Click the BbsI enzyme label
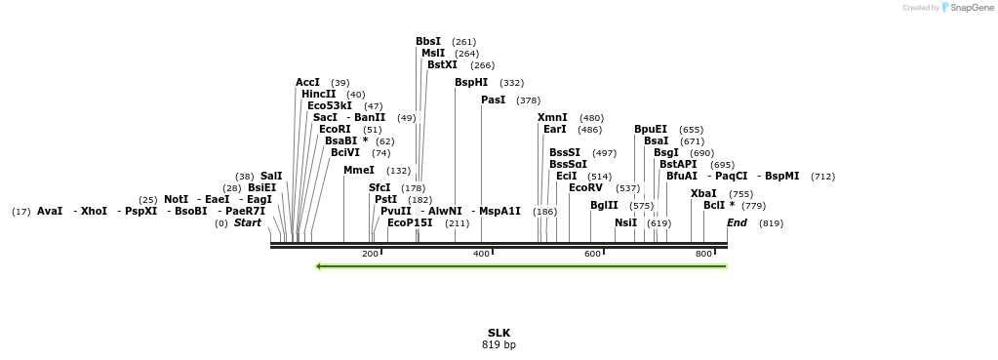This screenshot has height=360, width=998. [428, 42]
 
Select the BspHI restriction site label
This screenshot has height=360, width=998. [471, 83]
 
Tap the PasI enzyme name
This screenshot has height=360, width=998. [494, 100]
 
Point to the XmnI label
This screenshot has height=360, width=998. [552, 118]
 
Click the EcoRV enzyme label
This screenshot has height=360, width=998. [586, 188]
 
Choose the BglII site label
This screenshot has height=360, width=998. [605, 206]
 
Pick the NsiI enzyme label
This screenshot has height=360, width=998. [626, 223]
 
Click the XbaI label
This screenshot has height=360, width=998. [703, 194]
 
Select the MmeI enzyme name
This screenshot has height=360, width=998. [359, 171]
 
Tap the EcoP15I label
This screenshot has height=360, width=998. [410, 223]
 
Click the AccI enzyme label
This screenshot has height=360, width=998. [308, 83]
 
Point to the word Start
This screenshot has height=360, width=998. [248, 223]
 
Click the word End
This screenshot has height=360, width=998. [738, 223]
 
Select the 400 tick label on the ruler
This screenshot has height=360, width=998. [481, 254]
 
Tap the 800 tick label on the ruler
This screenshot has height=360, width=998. [703, 254]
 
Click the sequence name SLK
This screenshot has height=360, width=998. [499, 333]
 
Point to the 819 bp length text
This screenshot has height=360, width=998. [499, 344]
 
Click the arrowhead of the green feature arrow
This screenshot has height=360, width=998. [319, 265]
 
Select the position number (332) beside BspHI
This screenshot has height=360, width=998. [511, 83]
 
